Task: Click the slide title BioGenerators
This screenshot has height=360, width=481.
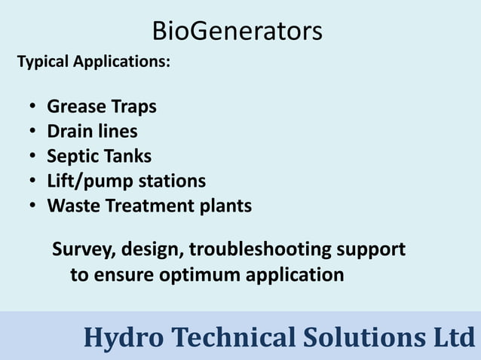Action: [x=237, y=31]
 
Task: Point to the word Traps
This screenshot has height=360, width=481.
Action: [x=135, y=107]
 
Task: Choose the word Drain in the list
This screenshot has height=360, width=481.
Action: [x=70, y=132]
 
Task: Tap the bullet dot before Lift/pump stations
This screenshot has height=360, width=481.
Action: [x=34, y=182]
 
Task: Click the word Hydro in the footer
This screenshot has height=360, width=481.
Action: [x=121, y=337]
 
